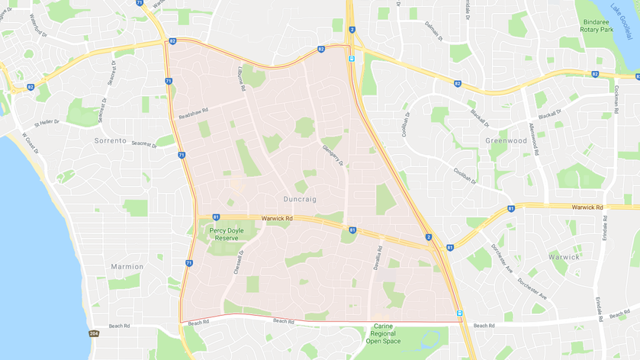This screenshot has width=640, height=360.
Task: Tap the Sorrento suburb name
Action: tap(109, 140)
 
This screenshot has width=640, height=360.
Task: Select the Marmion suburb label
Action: tap(127, 266)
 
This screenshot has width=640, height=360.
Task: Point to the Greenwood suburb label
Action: tap(506, 140)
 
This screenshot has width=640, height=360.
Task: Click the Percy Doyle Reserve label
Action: tap(226, 233)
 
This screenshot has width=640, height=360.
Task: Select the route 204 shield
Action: tap(94, 333)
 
